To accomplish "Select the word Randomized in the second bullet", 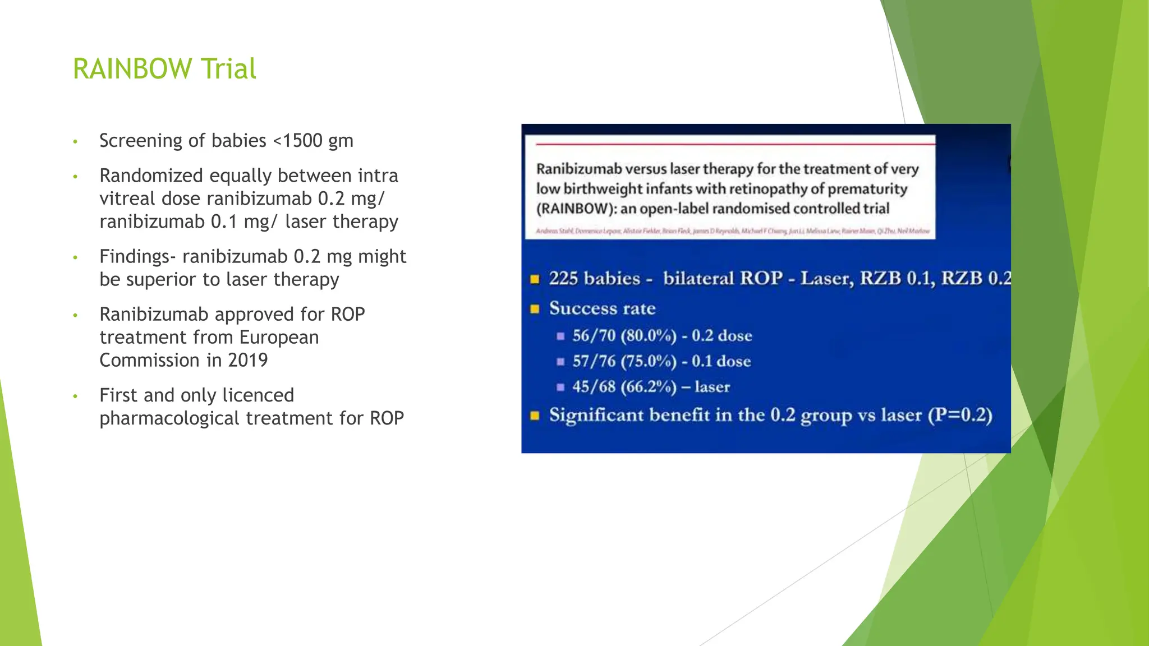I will tap(151, 176).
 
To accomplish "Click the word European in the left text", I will tap(279, 338).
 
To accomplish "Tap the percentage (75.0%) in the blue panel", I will tap(648, 361).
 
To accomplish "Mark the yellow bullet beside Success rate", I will tap(535, 309).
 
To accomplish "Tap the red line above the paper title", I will tap(729, 144).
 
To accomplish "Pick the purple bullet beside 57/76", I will tap(560, 362).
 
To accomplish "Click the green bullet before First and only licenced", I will tap(75, 396).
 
